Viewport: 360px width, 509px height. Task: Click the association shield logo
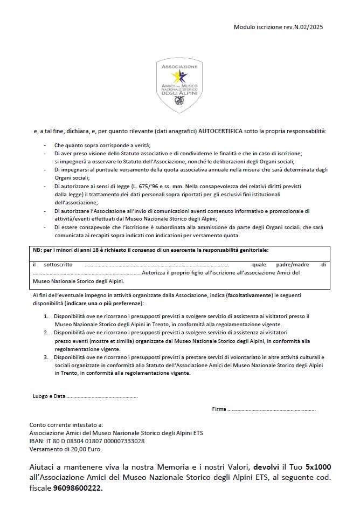[180, 86]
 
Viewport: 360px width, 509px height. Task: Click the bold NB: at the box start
[37, 251]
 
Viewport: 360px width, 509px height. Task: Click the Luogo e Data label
[49, 396]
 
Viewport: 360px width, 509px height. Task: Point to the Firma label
[219, 409]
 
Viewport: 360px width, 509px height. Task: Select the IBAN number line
[87, 441]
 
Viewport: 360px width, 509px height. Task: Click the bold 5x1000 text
[316, 466]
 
